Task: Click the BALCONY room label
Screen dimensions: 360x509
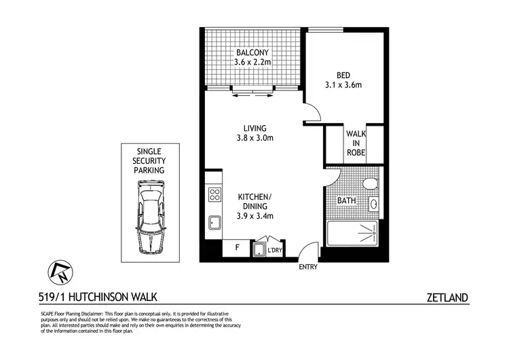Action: point(252,58)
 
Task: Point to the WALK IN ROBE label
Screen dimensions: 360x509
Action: point(356,143)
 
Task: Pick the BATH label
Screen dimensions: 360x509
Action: point(346,202)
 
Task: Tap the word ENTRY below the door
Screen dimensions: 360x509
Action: point(307,267)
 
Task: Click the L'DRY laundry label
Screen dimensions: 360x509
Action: point(275,251)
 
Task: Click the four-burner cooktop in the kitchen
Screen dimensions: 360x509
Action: point(214,195)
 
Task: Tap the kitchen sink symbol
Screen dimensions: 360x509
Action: point(214,221)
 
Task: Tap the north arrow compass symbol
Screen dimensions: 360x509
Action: point(58,272)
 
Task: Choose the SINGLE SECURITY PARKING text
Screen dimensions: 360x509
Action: point(150,160)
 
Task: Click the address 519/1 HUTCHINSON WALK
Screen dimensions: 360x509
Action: point(94,297)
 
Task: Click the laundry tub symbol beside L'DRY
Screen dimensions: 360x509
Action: point(259,250)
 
